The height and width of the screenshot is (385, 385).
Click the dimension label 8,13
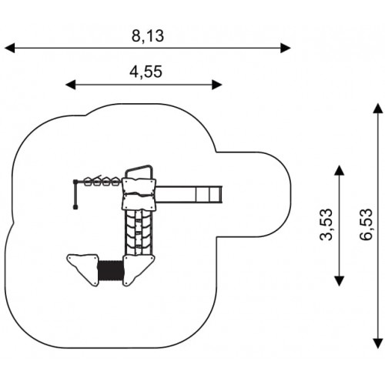click(148, 36)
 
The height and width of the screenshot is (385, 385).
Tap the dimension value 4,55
click(146, 72)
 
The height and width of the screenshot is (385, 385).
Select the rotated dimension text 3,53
click(326, 225)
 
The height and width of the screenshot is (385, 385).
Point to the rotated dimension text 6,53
click(366, 225)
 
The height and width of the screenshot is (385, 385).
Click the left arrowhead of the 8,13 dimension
click(10, 48)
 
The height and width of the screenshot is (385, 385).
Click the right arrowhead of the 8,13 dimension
click(286, 48)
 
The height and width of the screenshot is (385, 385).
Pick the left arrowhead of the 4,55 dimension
click(71, 85)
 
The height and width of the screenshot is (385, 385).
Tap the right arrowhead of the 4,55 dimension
click(217, 85)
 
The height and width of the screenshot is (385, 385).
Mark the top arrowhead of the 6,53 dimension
click(378, 108)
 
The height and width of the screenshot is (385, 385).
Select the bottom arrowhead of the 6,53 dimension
click(378, 343)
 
